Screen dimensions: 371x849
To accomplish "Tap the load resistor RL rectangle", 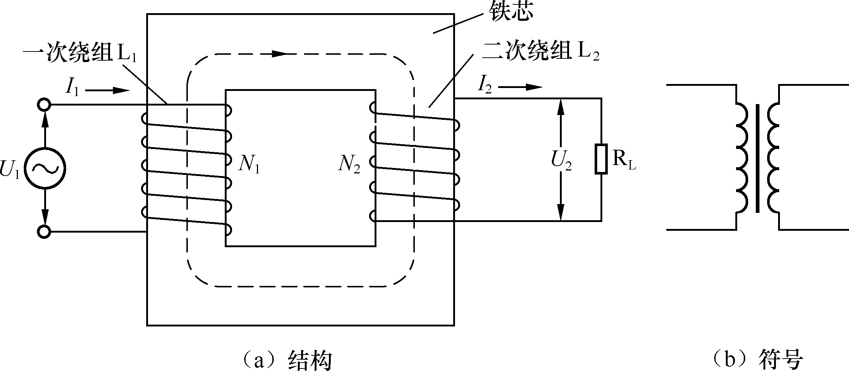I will pos(601,159).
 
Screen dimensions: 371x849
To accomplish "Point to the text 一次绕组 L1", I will pos(80,54).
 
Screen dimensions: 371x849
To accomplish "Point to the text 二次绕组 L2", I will pos(540,52).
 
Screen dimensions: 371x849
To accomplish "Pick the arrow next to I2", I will pos(520,87).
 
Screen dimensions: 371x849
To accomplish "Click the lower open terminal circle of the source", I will pos(44,232).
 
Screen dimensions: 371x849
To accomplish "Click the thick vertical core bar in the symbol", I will pos(758,158).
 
